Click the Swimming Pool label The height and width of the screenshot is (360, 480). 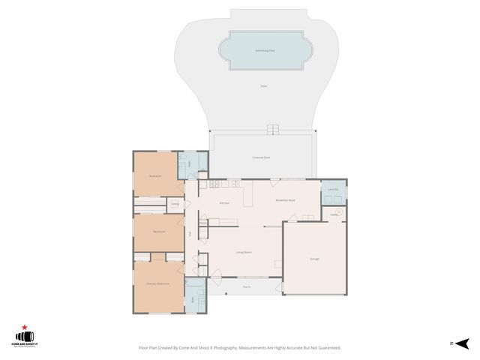(263, 50)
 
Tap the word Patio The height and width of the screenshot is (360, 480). (264, 86)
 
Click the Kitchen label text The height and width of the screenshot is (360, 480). (223, 203)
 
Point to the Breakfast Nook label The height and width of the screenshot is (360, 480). (285, 200)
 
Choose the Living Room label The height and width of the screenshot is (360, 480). (243, 253)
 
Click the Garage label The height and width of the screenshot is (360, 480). (315, 259)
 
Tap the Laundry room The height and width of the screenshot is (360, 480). (334, 190)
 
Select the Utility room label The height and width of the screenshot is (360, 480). (334, 214)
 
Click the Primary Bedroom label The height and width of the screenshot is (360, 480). (157, 283)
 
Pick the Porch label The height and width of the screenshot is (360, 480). (246, 286)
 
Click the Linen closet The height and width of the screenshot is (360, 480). (175, 203)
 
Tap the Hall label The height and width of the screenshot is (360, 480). (190, 234)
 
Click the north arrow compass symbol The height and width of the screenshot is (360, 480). (461, 343)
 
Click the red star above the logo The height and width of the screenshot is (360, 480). (25, 328)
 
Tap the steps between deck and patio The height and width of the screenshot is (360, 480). (274, 129)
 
